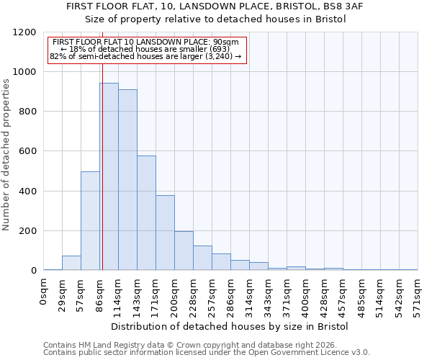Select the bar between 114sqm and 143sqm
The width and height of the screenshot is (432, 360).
pos(127,180)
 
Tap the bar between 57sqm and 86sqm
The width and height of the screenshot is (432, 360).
pos(90,220)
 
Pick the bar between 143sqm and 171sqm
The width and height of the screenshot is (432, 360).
pos(146,212)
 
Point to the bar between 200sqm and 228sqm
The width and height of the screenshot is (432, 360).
pos(184,251)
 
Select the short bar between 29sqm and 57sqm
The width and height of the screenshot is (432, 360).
pos(71,263)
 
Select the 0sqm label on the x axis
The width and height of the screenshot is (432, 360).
pos(43,292)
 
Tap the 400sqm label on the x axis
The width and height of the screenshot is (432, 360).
pos(305,295)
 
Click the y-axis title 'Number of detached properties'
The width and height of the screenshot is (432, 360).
pos(6,155)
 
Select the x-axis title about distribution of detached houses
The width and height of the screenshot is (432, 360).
pos(230,326)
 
